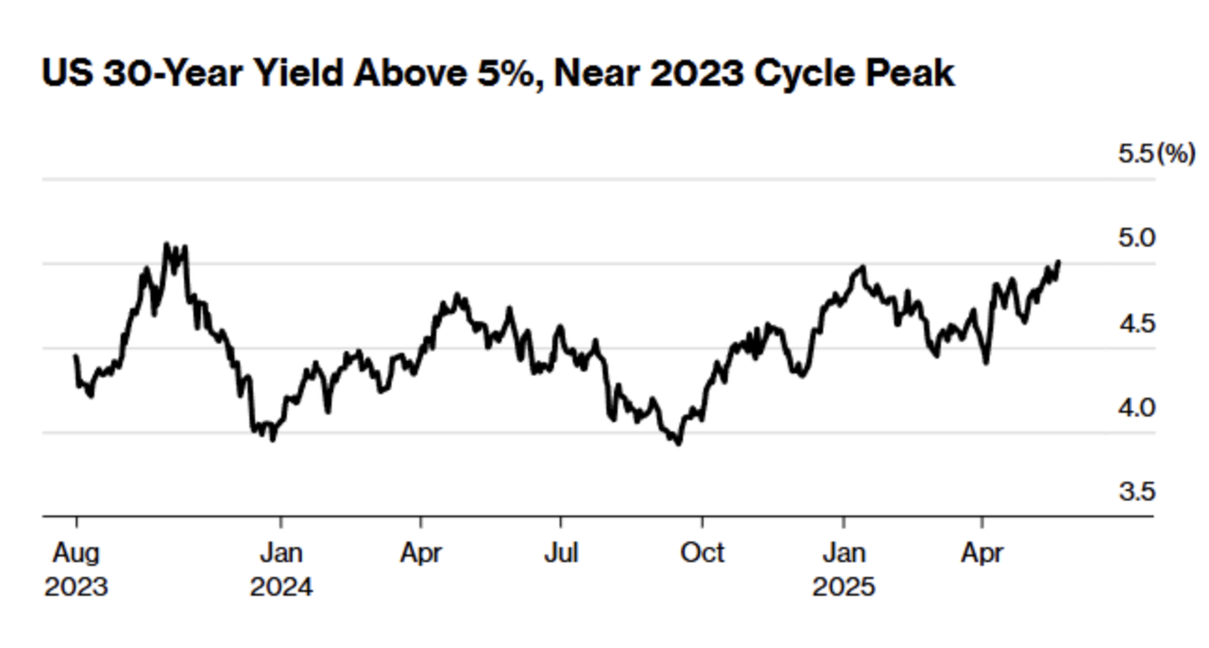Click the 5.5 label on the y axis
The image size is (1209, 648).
click(x=1135, y=154)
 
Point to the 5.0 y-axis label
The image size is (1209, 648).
click(x=1136, y=238)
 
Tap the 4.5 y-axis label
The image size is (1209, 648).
click(x=1136, y=324)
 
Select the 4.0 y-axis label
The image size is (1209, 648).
click(x=1136, y=408)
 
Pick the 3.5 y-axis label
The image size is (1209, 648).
click(x=1136, y=491)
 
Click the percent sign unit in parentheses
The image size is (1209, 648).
click(x=1176, y=154)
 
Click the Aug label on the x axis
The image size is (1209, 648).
click(x=77, y=554)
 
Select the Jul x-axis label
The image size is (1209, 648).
click(x=561, y=553)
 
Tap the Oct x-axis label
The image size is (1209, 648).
click(x=702, y=553)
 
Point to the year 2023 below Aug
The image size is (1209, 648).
click(x=77, y=587)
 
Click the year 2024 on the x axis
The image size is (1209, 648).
click(x=281, y=587)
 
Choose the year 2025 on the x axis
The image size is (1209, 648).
click(x=843, y=587)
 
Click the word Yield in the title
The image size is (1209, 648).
click(x=298, y=73)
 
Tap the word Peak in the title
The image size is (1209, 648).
click(x=910, y=73)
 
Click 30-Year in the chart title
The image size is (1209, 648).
click(x=172, y=74)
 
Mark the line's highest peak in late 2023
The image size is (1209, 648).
click(x=166, y=244)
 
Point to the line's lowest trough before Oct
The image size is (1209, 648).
click(x=679, y=444)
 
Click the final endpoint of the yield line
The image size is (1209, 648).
click(x=1059, y=263)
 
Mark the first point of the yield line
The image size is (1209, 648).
click(x=76, y=356)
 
